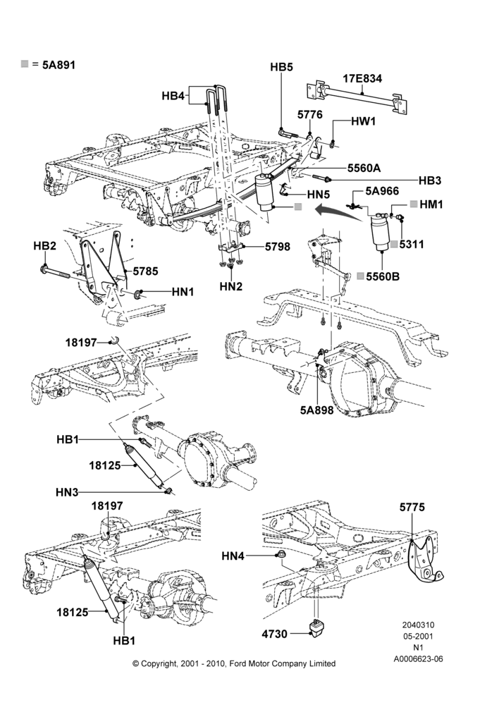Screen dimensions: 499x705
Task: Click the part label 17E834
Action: (362, 79)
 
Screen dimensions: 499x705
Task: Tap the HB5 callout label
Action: (281, 67)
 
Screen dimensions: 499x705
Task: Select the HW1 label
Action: (363, 121)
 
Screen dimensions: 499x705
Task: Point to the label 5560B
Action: (383, 276)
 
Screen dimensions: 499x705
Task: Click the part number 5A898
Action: (317, 410)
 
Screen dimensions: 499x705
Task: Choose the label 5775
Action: (412, 507)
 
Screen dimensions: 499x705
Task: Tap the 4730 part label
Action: (275, 634)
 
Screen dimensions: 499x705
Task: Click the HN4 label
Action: (233, 557)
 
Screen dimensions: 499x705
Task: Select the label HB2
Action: (44, 246)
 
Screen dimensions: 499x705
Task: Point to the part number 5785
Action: (146, 271)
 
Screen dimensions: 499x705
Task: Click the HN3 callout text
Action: (67, 493)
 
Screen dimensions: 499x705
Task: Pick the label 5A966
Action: (382, 191)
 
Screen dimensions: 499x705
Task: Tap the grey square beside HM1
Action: (414, 204)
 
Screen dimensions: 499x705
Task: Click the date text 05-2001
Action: (418, 636)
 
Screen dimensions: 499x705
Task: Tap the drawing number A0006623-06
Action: (418, 659)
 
